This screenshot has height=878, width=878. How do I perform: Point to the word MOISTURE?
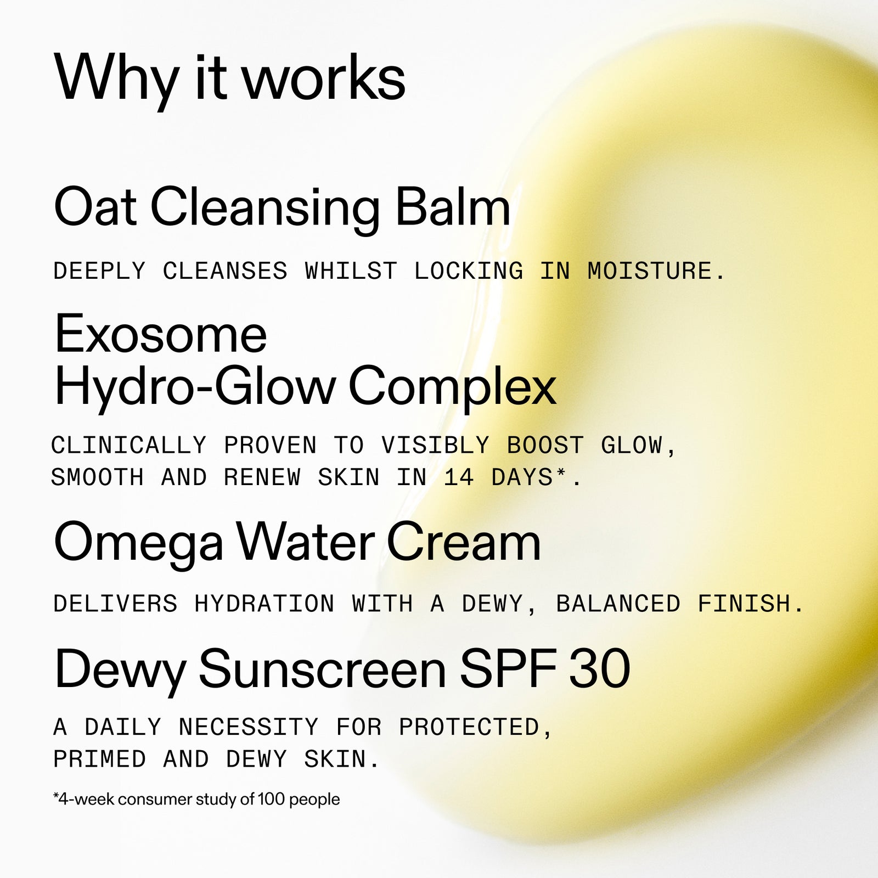[650, 271]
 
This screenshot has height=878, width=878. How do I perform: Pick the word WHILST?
[351, 271]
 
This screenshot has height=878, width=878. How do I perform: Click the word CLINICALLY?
[129, 445]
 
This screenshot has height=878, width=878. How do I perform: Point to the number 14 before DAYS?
[459, 477]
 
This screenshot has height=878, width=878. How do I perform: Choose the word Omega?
[138, 542]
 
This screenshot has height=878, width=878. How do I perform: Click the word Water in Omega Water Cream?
[306, 542]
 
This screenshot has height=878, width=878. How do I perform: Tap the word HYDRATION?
[264, 604]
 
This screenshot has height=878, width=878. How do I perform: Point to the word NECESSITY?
[248, 727]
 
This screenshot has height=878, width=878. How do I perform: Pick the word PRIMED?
[99, 759]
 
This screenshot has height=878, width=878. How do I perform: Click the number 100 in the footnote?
[271, 799]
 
